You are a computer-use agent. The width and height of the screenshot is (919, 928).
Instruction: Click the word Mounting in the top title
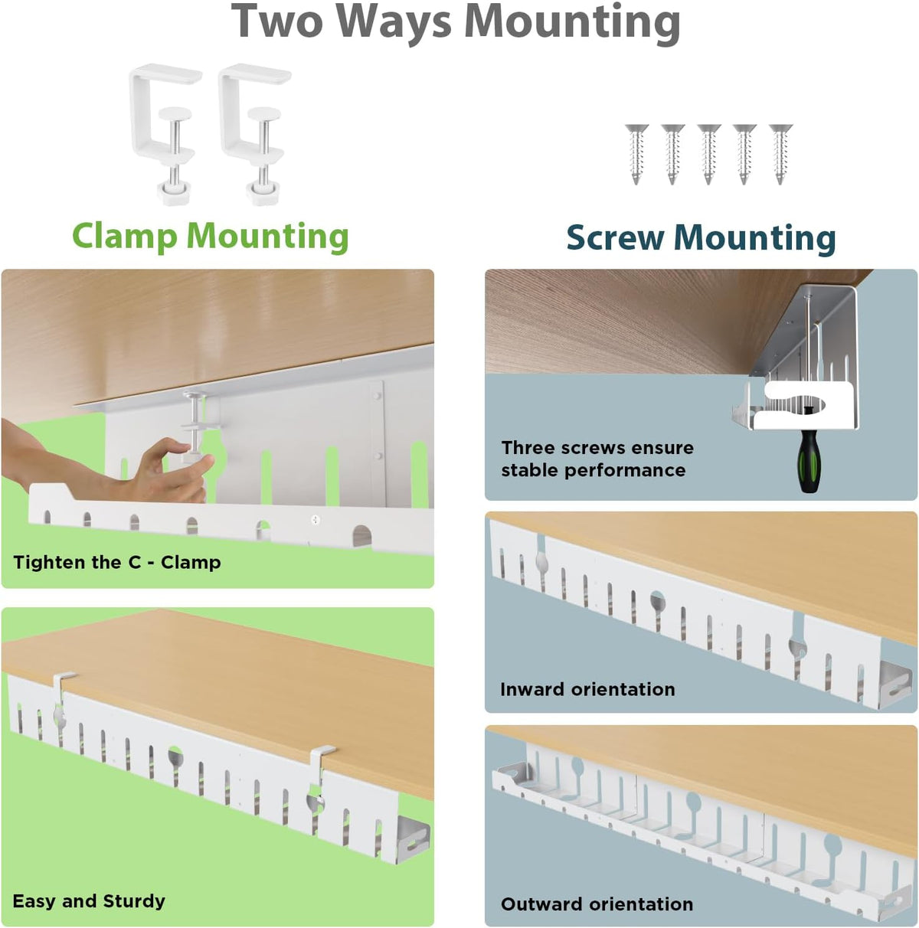pos(573,24)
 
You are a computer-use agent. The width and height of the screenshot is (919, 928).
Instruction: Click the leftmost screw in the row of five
pos(636,154)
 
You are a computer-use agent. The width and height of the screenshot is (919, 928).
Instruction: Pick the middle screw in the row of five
pos(708,154)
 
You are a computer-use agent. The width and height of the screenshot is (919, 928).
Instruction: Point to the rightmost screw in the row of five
pos(780,154)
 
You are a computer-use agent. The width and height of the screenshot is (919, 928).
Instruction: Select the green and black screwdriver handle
pos(810,462)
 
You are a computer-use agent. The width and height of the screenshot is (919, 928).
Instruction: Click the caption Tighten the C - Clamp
pos(117,562)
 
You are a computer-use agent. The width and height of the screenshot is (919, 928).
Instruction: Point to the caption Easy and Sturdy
pos(89,900)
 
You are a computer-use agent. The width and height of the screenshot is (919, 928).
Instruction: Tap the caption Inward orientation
pos(587,689)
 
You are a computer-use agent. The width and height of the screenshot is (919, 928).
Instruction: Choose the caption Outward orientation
pos(597,904)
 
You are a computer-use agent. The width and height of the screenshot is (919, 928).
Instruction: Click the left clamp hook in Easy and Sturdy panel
pos(59,698)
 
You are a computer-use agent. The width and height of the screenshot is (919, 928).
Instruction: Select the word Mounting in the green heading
pos(267,237)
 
